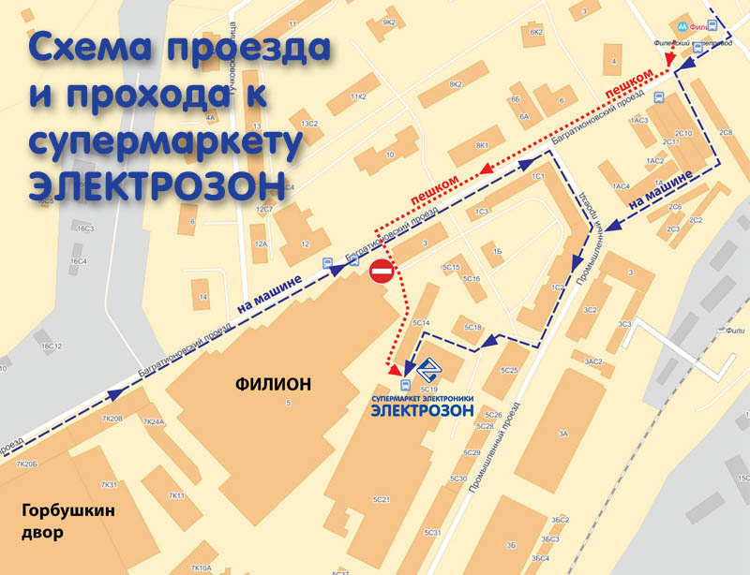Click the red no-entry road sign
click(x=382, y=273)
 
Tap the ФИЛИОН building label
click(x=274, y=383)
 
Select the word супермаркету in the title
click(x=168, y=139)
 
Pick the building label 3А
click(x=562, y=434)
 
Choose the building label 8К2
click(x=456, y=85)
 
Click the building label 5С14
click(x=421, y=323)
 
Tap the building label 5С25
click(x=509, y=371)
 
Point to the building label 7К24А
click(x=154, y=422)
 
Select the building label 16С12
click(x=51, y=346)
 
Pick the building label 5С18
click(x=472, y=327)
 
